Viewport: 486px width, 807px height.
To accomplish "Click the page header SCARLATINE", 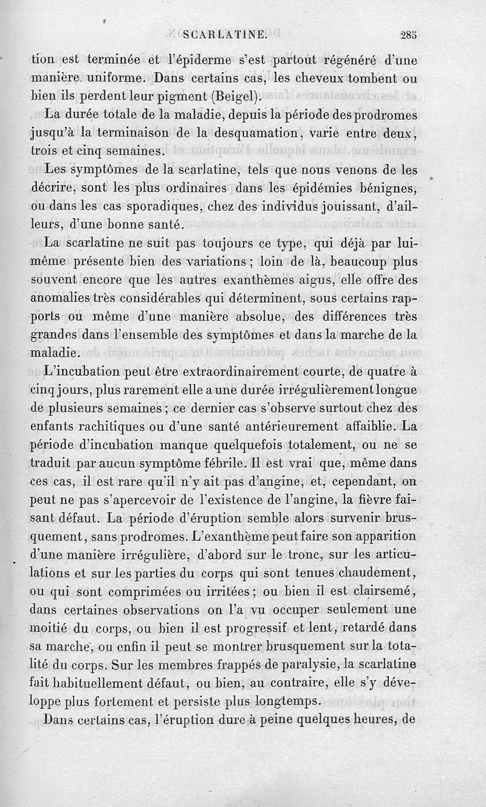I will click(x=225, y=35).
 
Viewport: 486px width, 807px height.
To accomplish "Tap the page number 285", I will click(x=409, y=35).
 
